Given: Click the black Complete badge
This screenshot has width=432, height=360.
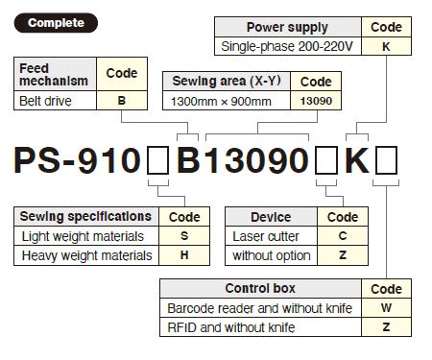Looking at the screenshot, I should tap(56, 22).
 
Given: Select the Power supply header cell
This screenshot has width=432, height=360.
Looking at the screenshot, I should tap(287, 28).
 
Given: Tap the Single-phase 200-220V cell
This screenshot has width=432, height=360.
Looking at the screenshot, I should tap(287, 46).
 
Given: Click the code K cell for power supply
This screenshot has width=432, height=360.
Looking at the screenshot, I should tap(386, 46).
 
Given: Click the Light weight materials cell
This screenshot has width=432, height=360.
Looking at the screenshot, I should tap(84, 236).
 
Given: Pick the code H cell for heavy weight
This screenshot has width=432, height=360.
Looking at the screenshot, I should tap(183, 255).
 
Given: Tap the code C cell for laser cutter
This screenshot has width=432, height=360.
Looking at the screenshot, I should tap(343, 236).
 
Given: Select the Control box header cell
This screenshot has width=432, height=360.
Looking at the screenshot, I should tap(259, 288).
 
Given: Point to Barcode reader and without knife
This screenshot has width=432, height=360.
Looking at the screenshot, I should tap(259, 308).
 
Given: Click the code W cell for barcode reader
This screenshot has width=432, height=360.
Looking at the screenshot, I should tap(386, 308).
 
